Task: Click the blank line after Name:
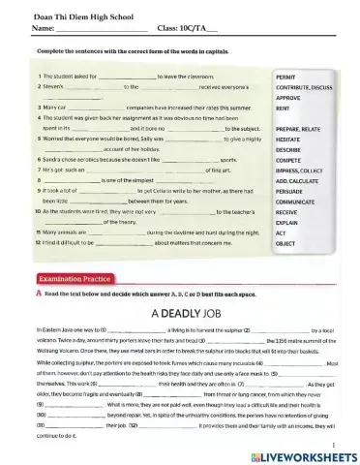[x=98, y=26]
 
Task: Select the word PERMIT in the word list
[x=288, y=75]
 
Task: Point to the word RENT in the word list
[x=285, y=109]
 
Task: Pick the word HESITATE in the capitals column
[x=292, y=139]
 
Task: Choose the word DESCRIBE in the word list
[x=291, y=150]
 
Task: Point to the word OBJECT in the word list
[x=287, y=243]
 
